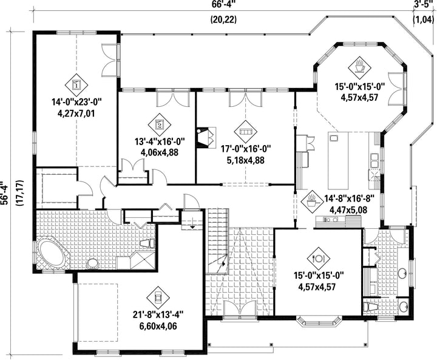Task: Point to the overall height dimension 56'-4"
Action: point(4,194)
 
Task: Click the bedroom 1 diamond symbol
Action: point(76,84)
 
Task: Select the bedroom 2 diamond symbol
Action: point(160,124)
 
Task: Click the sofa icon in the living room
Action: point(246,131)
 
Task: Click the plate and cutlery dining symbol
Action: point(319,259)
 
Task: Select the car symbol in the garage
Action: point(158,298)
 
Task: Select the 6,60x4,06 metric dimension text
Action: point(159,326)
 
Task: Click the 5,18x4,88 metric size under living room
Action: point(246,161)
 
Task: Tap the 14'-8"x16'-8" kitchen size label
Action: point(349,199)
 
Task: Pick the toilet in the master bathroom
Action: point(147,243)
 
